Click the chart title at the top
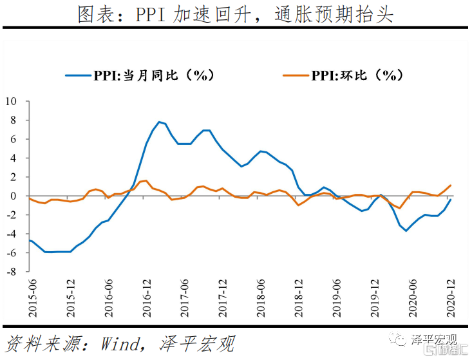tap(236, 15)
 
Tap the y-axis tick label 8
tap(14, 120)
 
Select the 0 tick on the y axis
tap(14, 196)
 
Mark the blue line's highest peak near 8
tap(158, 122)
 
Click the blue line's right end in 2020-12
tap(450, 200)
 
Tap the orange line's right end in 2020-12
tap(450, 185)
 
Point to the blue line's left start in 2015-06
tap(30, 240)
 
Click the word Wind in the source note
tap(119, 343)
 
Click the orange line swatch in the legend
tap(296, 75)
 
